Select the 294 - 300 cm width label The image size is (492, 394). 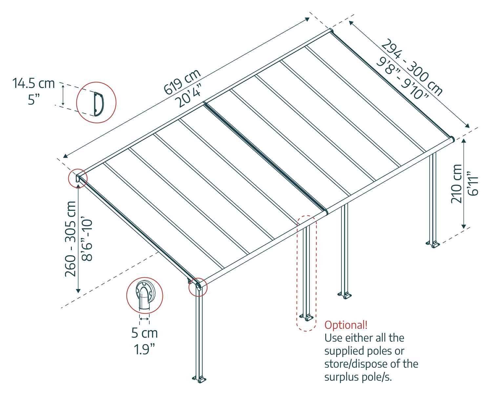pyautogui.click(x=413, y=67)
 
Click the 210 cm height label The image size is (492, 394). pyautogui.click(x=457, y=184)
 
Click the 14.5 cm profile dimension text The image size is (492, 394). pyautogui.click(x=33, y=83)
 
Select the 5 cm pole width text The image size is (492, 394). pyautogui.click(x=144, y=333)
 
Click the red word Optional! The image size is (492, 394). pyautogui.click(x=346, y=325)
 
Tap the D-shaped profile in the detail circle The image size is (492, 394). pyautogui.click(x=98, y=104)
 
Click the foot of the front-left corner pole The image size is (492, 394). pyautogui.click(x=199, y=379)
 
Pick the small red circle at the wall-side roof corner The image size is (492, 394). pyautogui.click(x=78, y=178)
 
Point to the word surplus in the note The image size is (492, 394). pyautogui.click(x=342, y=377)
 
